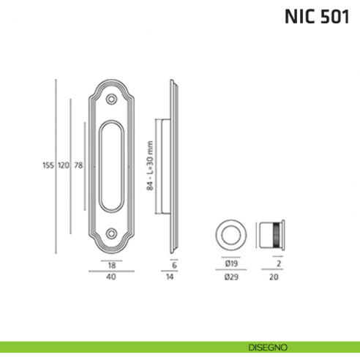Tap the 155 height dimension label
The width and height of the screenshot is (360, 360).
coord(48,166)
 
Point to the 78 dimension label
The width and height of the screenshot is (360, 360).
coord(78,166)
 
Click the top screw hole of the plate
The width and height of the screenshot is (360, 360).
coord(111,98)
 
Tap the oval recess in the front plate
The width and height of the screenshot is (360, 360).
coord(111,166)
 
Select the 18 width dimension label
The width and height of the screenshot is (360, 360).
coord(111,264)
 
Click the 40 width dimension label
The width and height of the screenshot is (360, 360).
coord(111,277)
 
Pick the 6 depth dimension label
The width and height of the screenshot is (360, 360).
coord(175,264)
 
